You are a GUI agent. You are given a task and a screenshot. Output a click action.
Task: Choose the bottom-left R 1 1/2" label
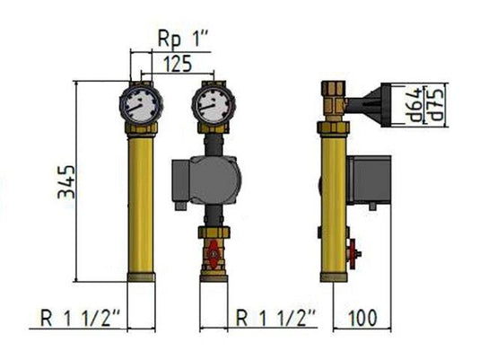click(x=82, y=317)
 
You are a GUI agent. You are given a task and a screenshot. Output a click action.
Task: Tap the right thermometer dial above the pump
click(x=212, y=103)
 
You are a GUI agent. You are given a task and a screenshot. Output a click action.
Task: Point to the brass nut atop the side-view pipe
click(x=333, y=90)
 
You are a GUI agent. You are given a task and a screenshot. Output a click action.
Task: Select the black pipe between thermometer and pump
click(x=212, y=142)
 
